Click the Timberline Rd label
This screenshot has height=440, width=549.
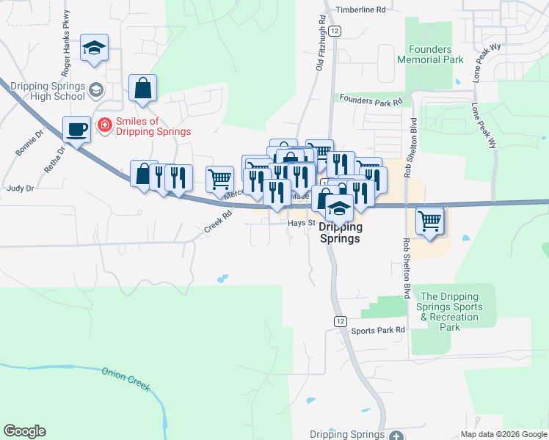coord(360,10)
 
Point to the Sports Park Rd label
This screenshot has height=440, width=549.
coord(378,331)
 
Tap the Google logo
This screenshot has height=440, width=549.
coord(24,431)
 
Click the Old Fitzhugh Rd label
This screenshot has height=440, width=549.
coord(321,45)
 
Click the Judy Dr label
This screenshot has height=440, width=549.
coord(20,188)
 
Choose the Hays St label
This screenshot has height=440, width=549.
coord(301,223)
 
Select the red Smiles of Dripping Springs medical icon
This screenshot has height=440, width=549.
coord(105,126)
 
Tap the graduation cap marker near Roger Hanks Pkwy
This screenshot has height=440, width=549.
coord(94,48)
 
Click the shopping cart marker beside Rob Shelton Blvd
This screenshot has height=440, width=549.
coord(429,220)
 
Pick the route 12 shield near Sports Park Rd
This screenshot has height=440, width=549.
coord(339,321)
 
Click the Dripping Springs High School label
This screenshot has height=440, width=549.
coord(48,91)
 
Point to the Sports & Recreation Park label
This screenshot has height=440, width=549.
coord(450,312)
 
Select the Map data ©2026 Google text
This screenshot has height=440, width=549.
coord(503,433)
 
